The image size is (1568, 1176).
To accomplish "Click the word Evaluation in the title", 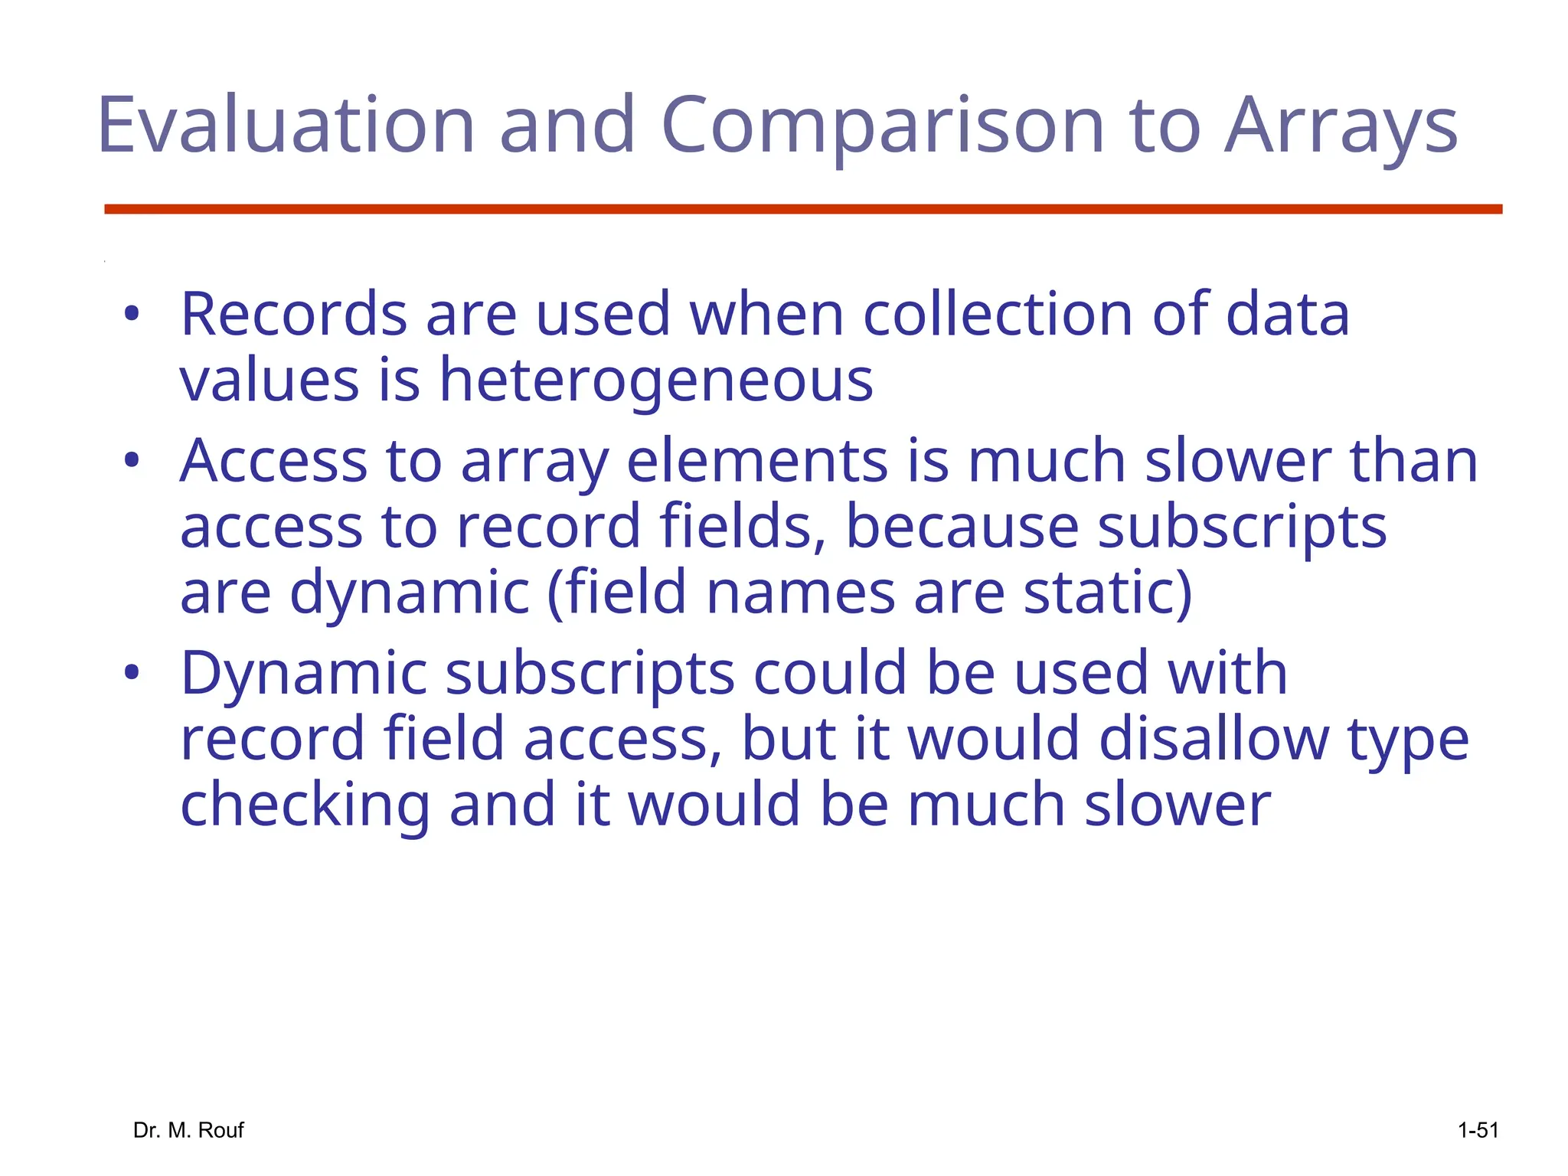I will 286,125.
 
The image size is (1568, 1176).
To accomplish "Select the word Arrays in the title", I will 1341,125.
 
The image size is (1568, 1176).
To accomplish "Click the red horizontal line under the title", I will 803,209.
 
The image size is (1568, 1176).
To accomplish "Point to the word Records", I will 293,314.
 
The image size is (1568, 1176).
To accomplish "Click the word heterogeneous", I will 655,381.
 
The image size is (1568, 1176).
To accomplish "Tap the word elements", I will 757,461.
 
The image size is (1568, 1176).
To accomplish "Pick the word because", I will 962,527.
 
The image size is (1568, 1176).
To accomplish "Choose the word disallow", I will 1214,739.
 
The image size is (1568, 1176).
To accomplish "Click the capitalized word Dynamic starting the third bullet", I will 303,674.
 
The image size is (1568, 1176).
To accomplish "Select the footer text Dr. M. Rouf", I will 188,1130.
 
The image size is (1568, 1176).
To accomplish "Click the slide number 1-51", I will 1478,1130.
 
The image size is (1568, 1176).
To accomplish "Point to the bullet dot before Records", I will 132,314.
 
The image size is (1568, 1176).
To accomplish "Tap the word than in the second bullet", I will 1413,461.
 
